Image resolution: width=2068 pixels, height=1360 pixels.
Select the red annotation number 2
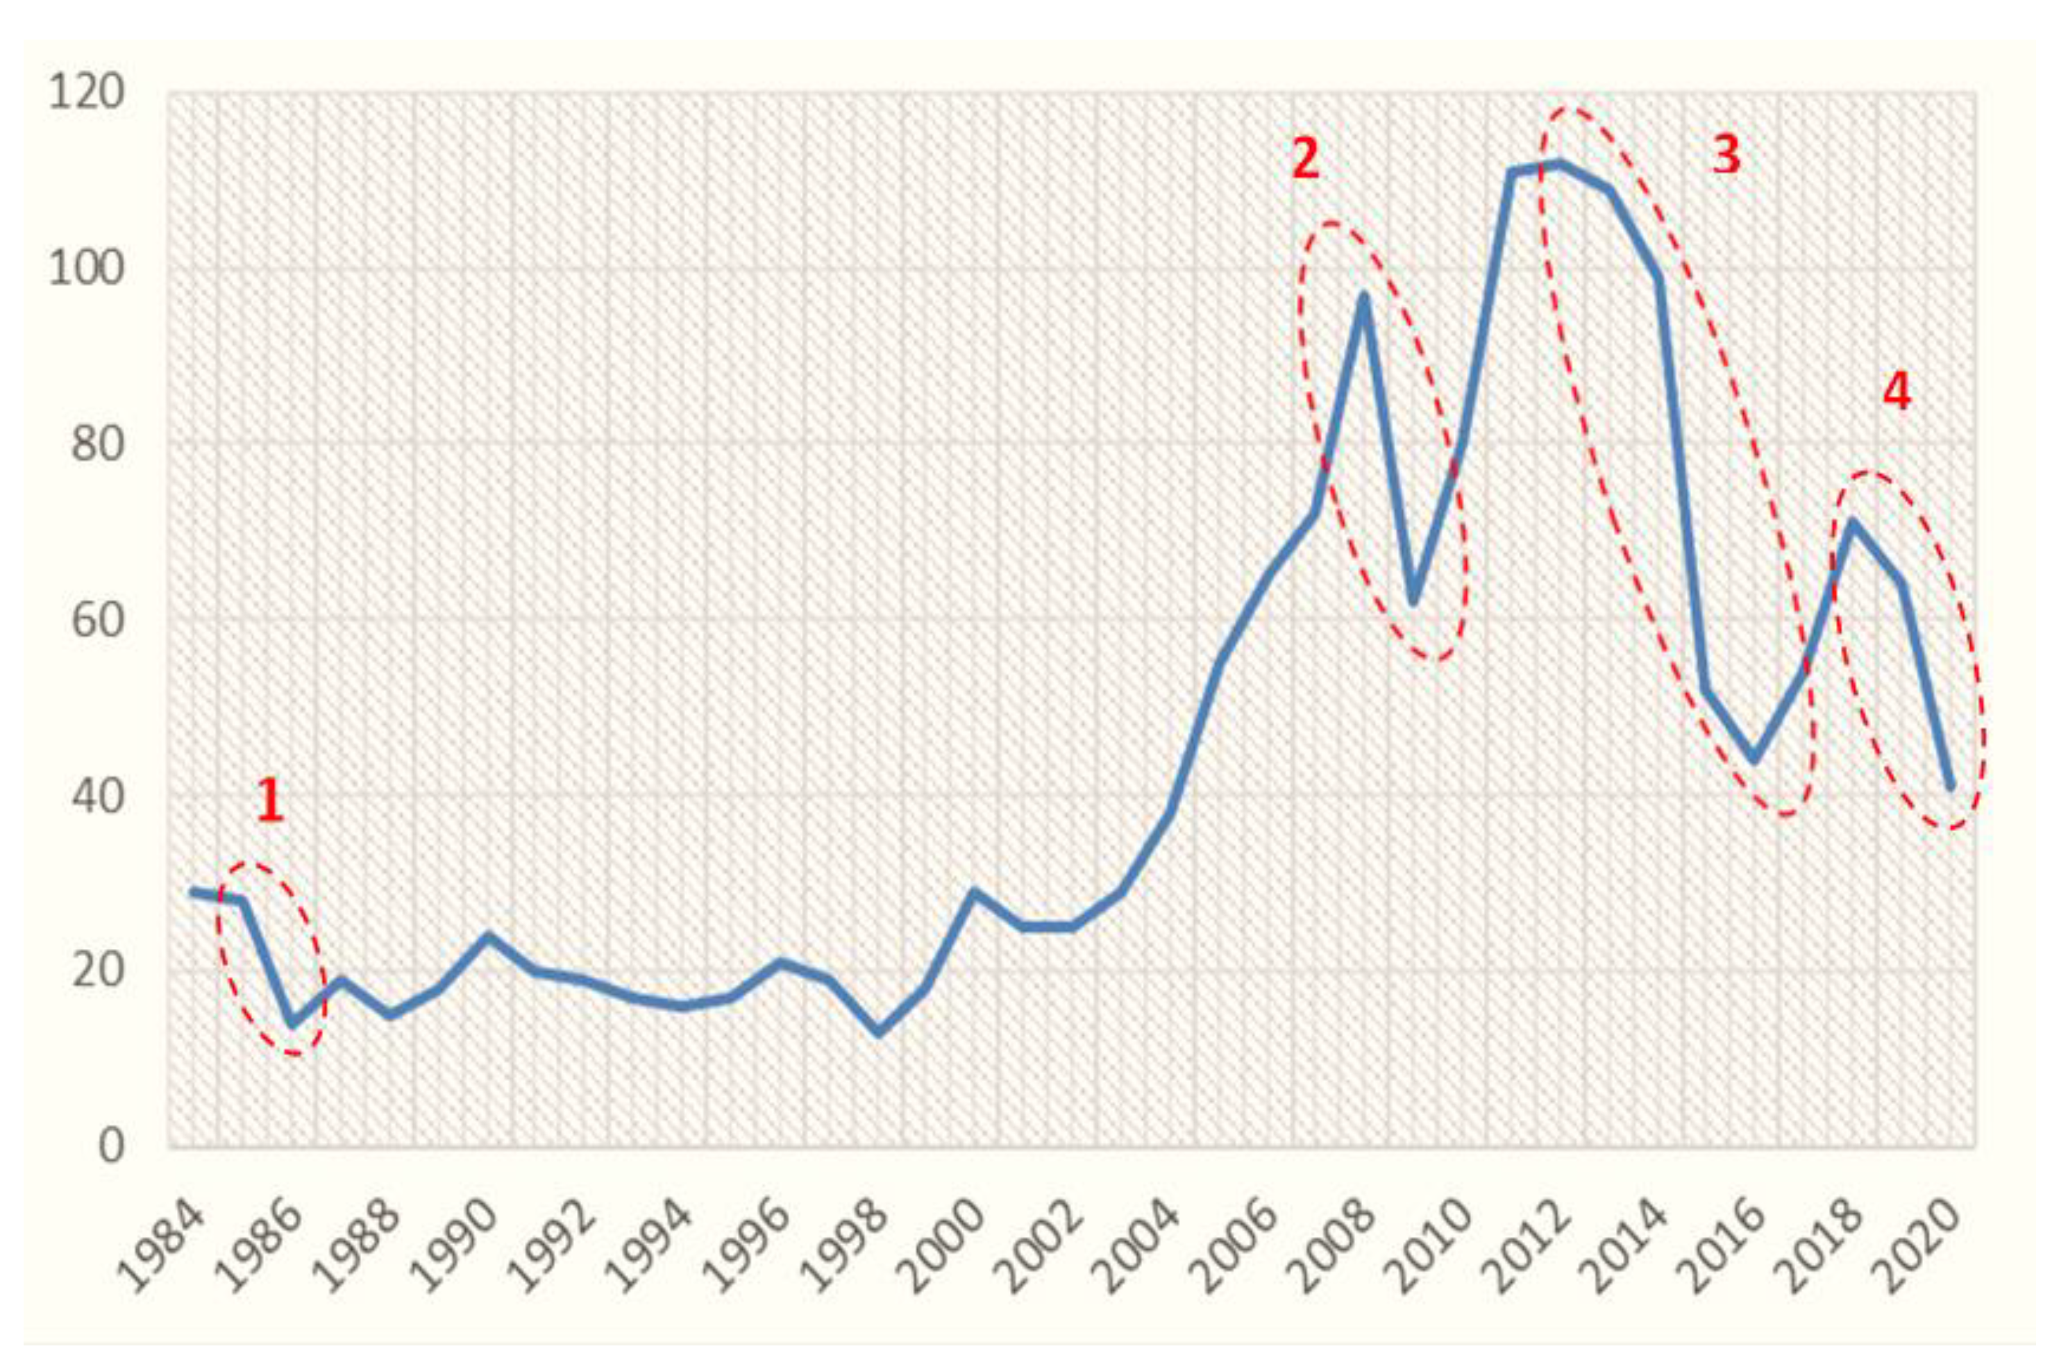(x=1305, y=160)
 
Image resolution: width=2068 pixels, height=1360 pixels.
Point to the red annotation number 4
(x=1896, y=393)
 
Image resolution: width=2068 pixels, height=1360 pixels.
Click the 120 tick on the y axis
(x=85, y=93)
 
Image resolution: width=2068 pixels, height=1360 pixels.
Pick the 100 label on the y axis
(x=85, y=270)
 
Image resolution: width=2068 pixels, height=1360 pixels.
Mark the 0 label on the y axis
(x=110, y=1146)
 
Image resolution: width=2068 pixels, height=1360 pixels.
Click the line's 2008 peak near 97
(x=1364, y=296)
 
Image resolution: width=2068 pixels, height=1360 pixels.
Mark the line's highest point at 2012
(x=1561, y=163)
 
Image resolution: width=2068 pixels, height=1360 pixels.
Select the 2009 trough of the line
(x=1413, y=602)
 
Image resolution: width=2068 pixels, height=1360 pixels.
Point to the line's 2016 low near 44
(x=1754, y=760)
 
